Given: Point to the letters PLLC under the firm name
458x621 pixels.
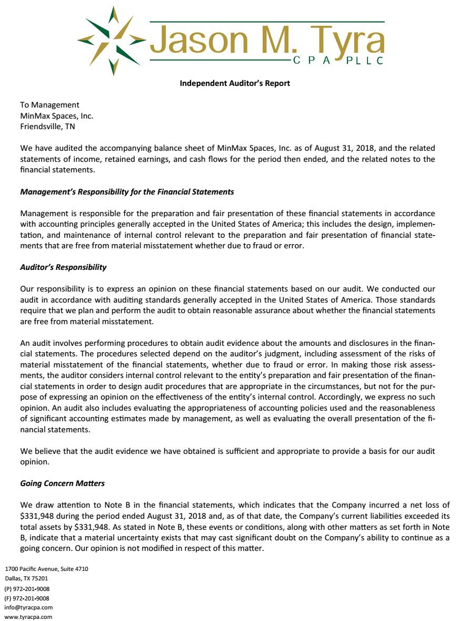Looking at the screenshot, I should (x=364, y=61).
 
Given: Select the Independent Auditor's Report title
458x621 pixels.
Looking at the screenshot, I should (x=235, y=83).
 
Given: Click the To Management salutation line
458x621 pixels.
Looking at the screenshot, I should (x=49, y=105).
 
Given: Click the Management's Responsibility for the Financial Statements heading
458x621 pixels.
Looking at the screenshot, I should (x=127, y=192).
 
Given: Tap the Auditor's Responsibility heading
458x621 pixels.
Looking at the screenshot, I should (x=63, y=267).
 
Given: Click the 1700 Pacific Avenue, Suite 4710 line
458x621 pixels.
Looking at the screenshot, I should (x=47, y=569).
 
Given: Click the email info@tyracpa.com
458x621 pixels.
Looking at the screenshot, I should (x=28, y=607).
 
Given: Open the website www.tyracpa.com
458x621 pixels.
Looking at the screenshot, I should (x=28, y=617).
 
